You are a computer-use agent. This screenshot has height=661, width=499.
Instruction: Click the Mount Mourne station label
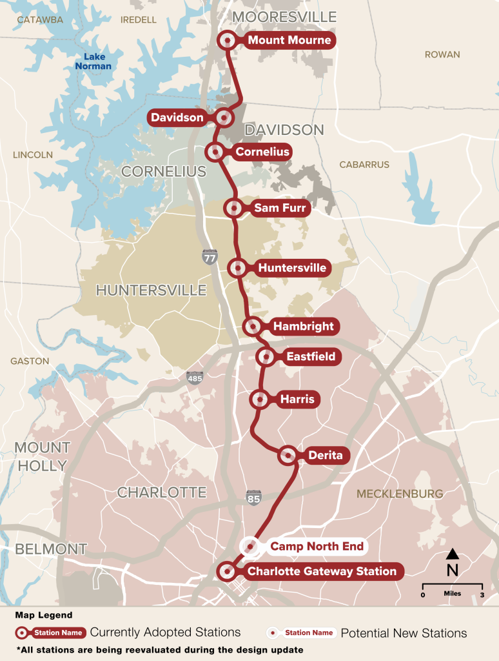coord(289,41)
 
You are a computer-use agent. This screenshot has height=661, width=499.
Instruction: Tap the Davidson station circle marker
coord(224,117)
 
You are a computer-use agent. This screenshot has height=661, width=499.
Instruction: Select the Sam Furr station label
coord(280,208)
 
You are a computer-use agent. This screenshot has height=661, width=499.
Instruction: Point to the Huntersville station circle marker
coord(238,267)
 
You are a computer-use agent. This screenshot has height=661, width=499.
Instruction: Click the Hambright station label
coord(303,327)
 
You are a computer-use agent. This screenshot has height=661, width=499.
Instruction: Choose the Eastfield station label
coord(310,356)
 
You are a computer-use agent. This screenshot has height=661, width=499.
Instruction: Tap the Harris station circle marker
coord(259,400)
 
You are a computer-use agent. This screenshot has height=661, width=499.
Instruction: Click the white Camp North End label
coord(316,547)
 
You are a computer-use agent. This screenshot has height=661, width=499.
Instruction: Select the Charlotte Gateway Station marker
coord(226,571)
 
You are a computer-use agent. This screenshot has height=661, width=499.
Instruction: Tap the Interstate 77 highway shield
coord(210,257)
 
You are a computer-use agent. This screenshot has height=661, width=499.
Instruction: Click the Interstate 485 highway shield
coord(194,377)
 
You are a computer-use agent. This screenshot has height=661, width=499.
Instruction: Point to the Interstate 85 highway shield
coord(253,498)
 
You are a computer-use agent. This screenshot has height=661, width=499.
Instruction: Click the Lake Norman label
coord(93,61)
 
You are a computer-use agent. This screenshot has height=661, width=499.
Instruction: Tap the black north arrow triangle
coord(453,554)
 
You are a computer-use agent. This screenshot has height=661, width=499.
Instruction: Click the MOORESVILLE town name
coord(284,16)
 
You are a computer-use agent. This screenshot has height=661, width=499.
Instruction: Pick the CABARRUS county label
coord(364,165)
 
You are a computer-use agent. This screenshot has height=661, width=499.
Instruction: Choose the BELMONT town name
coord(51,549)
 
